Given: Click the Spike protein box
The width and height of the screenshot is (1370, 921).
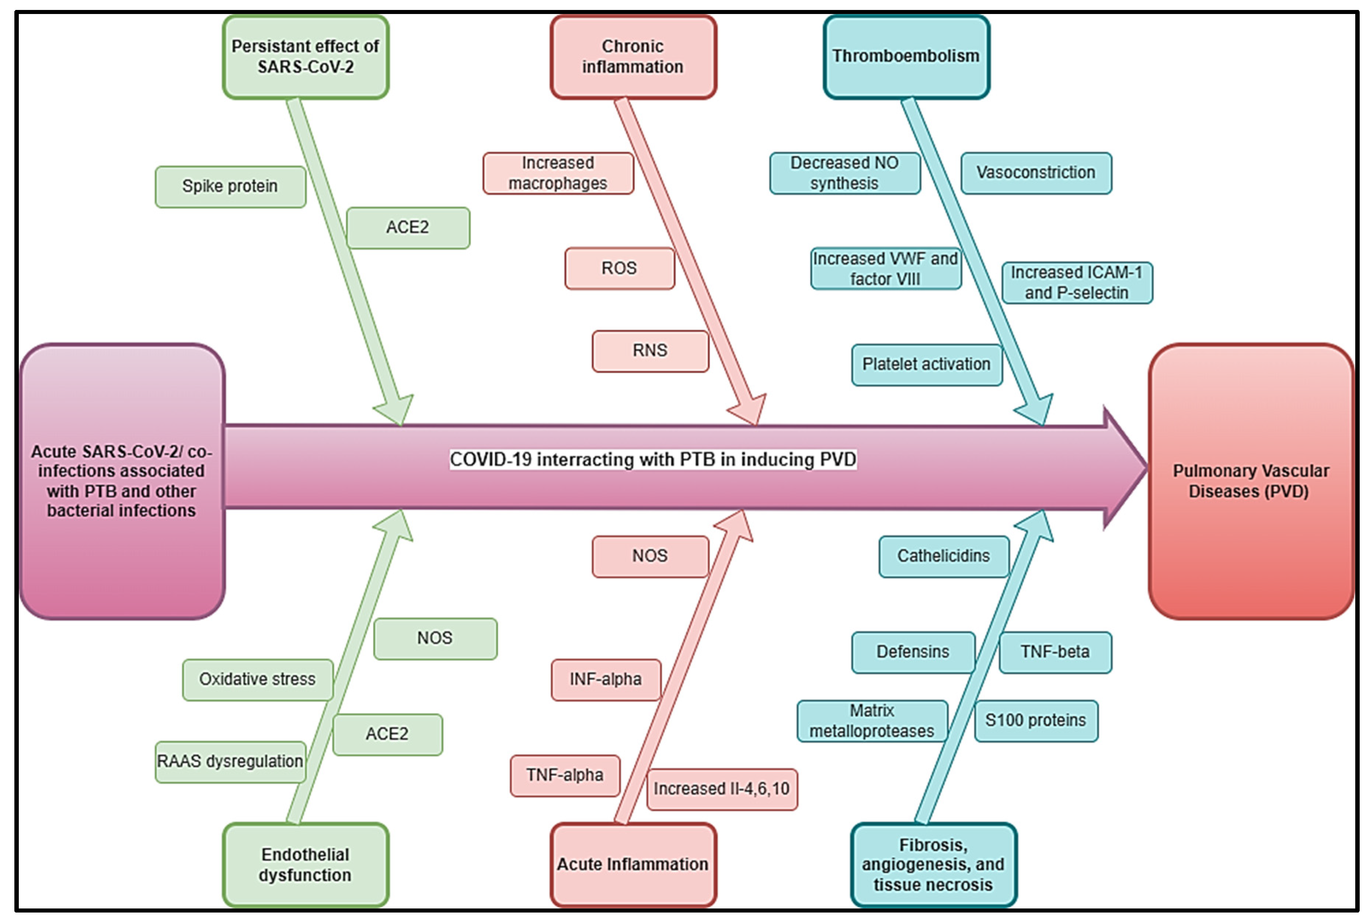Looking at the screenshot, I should (230, 186).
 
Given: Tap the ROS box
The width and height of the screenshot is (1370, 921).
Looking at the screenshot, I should (619, 268).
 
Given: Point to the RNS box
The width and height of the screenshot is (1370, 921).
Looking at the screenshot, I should (650, 350).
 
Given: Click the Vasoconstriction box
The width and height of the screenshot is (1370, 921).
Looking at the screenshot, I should (1036, 173).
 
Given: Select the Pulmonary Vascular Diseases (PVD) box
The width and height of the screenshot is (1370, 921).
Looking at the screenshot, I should (1250, 481).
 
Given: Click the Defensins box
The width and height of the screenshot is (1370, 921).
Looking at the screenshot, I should (912, 652).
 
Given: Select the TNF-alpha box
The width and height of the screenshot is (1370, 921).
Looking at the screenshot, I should (565, 775).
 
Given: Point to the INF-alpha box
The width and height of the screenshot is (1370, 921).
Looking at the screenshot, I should (605, 680).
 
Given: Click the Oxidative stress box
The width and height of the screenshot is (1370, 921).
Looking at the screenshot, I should (257, 680).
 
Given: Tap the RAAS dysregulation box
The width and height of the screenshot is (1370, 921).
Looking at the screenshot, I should (230, 761).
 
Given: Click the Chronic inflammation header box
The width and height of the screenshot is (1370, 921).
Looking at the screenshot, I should (633, 56).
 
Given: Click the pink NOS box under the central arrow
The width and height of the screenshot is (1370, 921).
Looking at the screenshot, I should (650, 556).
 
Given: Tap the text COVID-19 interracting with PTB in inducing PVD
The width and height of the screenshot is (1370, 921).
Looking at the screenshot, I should (653, 459).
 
